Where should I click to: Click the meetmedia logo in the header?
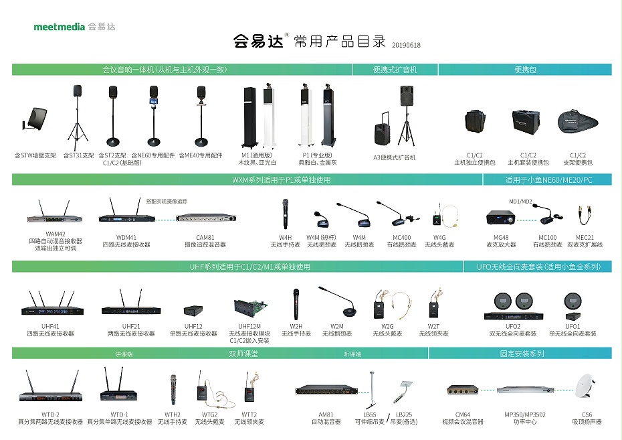(74, 27)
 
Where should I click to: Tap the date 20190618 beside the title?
(407, 46)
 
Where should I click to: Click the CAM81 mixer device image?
(205, 218)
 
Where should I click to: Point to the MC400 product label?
(401, 237)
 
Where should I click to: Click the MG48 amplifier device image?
(501, 218)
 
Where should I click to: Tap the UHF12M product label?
(249, 326)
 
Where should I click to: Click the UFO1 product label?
(573, 326)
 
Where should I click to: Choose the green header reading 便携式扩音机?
(395, 69)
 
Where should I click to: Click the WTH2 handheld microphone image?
(173, 389)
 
